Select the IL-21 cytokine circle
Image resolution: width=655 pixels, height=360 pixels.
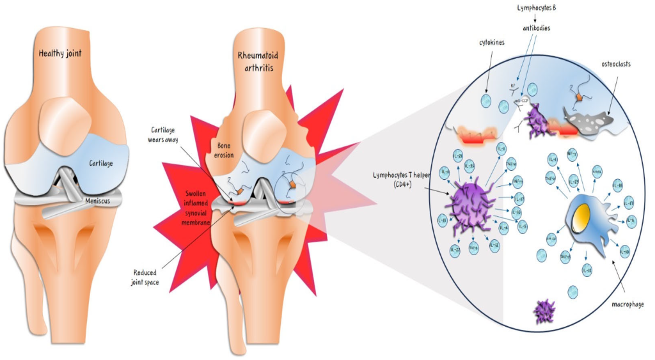point(457,156)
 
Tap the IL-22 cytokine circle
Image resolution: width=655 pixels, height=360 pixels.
point(454,249)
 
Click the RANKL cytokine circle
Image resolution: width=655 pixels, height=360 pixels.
point(597,171)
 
